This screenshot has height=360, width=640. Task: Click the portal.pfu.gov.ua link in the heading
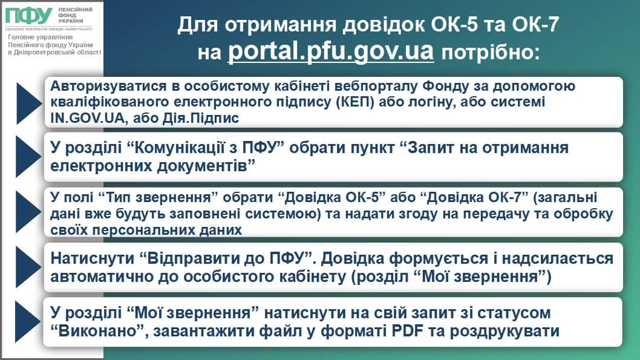[x=331, y=52]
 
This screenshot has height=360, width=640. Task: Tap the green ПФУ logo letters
[x=28, y=16]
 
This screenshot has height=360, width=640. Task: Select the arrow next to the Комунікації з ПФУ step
[x=28, y=157]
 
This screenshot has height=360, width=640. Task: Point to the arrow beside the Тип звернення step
[x=28, y=212]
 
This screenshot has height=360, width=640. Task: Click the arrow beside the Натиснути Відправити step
[x=28, y=267]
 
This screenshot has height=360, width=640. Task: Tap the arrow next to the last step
[x=28, y=322]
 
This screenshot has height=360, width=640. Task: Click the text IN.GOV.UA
[x=87, y=118]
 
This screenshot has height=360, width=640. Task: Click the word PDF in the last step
[x=407, y=331]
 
